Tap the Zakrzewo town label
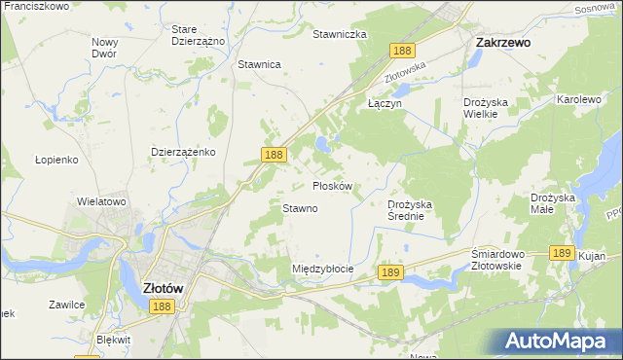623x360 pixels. click(x=501, y=43)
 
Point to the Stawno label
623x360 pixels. click(x=300, y=208)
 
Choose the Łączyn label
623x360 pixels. click(x=384, y=102)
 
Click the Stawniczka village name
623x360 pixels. click(x=339, y=34)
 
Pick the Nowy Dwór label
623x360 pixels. click(x=104, y=48)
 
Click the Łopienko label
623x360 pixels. click(x=55, y=159)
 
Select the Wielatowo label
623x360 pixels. click(x=102, y=202)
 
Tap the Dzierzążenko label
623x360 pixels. click(x=183, y=152)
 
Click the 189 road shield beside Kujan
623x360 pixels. click(x=560, y=252)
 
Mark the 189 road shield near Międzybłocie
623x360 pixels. click(x=390, y=274)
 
